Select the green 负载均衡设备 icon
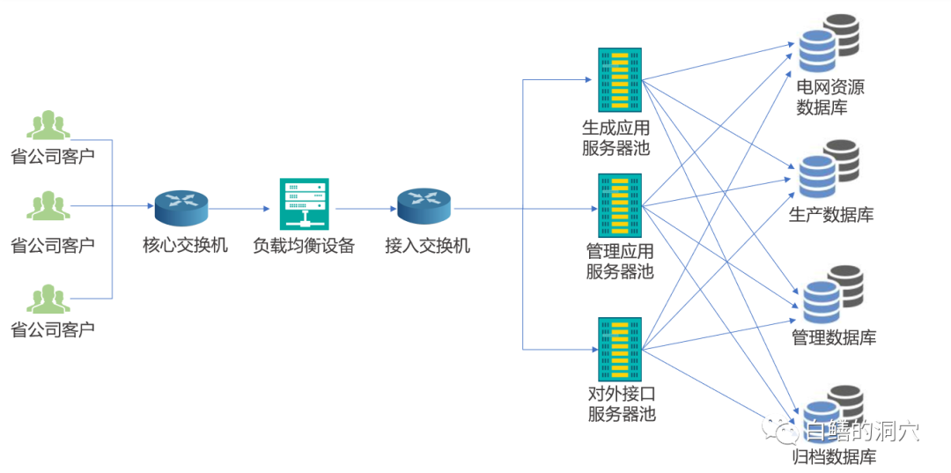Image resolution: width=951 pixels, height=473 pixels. point(304,204)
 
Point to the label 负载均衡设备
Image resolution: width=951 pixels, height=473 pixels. point(304,246)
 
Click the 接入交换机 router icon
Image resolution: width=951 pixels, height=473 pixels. point(424,207)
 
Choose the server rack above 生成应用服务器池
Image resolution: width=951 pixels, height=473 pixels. point(620,78)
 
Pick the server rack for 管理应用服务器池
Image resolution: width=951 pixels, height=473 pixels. point(620,205)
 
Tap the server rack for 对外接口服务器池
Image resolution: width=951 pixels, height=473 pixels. point(620,347)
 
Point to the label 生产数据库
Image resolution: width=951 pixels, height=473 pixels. point(830,215)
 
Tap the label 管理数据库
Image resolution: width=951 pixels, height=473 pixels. point(834,337)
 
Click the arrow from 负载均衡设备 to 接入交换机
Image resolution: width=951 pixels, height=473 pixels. point(364,209)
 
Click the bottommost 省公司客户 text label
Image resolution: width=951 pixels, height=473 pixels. point(52,330)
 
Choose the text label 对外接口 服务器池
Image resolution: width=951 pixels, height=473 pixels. point(622,403)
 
